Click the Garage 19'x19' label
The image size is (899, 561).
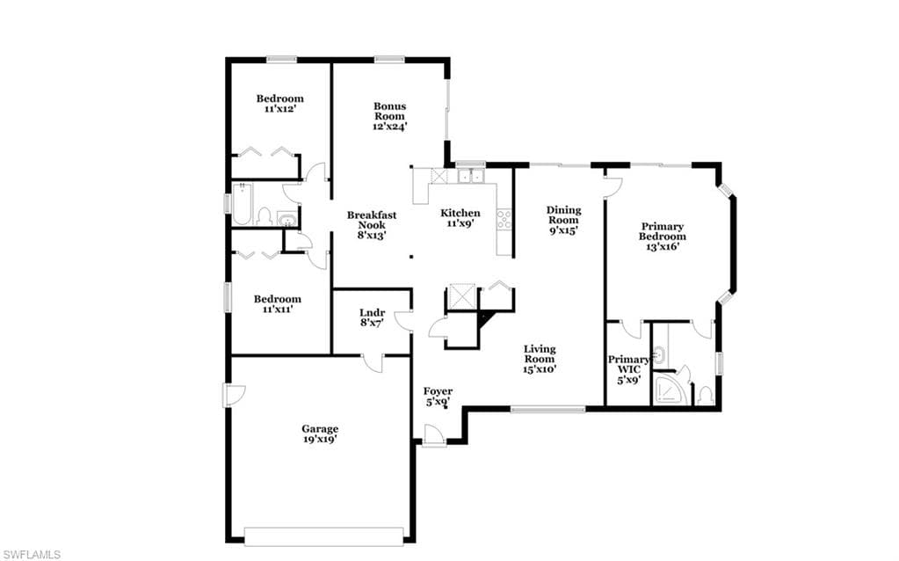pyautogui.click(x=320, y=433)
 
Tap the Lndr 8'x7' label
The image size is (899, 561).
pyautogui.click(x=372, y=317)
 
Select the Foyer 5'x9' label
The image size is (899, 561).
pyautogui.click(x=438, y=397)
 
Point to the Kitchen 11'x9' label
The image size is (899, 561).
pyautogui.click(x=460, y=218)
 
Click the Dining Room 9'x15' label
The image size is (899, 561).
pyautogui.click(x=563, y=221)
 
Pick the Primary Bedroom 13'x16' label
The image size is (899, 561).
pyautogui.click(x=663, y=237)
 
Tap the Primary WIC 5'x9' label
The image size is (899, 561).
pyautogui.click(x=628, y=369)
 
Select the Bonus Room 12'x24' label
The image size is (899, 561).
pyautogui.click(x=390, y=116)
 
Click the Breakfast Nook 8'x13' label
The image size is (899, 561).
pyautogui.click(x=372, y=225)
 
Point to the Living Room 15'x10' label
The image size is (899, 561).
pyautogui.click(x=540, y=359)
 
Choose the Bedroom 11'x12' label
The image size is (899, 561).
pyautogui.click(x=279, y=103)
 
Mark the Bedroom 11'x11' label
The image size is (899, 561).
pyautogui.click(x=278, y=304)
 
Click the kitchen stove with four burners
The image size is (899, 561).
pyautogui.click(x=504, y=220)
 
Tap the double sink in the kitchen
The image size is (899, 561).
pyautogui.click(x=471, y=176)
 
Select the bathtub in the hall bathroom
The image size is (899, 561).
pyautogui.click(x=242, y=204)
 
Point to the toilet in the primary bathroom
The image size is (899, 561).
pyautogui.click(x=706, y=395)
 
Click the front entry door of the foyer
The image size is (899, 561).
pyautogui.click(x=434, y=434)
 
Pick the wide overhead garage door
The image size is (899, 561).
pyautogui.click(x=323, y=535)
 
